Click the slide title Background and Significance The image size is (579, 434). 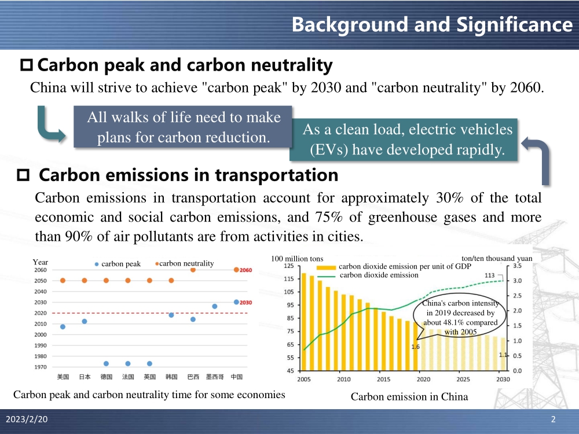(x=431, y=24)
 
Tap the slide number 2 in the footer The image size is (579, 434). (x=554, y=420)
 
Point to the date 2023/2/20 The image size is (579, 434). (x=27, y=420)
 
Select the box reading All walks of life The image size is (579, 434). (x=183, y=127)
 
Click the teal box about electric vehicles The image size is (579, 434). (x=407, y=139)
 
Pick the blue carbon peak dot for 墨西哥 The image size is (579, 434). (x=215, y=306)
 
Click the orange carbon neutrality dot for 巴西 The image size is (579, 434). (x=193, y=270)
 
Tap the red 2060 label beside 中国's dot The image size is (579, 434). (x=245, y=270)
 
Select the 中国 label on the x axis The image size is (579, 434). (x=236, y=377)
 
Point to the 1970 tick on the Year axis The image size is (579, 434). (x=41, y=367)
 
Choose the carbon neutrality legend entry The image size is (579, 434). (x=185, y=263)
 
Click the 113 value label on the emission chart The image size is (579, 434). (x=489, y=275)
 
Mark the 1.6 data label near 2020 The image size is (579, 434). (x=415, y=347)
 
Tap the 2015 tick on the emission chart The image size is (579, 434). (x=383, y=380)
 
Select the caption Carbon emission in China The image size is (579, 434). (x=409, y=396)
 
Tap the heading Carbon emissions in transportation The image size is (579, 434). (x=188, y=175)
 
